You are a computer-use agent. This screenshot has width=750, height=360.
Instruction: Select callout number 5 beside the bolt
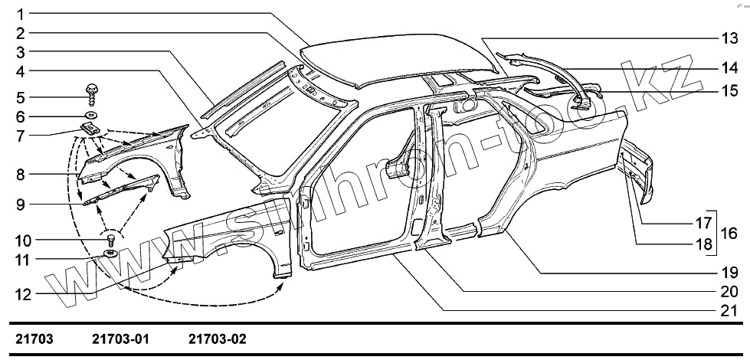click(20, 97)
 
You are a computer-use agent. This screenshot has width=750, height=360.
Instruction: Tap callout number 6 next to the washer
click(20, 116)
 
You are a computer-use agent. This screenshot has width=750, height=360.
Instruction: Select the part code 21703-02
click(217, 338)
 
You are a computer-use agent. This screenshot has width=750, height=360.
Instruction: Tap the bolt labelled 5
click(91, 94)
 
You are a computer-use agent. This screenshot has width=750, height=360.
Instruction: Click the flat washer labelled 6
click(90, 116)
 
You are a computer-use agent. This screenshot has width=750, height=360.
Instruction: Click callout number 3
click(20, 52)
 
